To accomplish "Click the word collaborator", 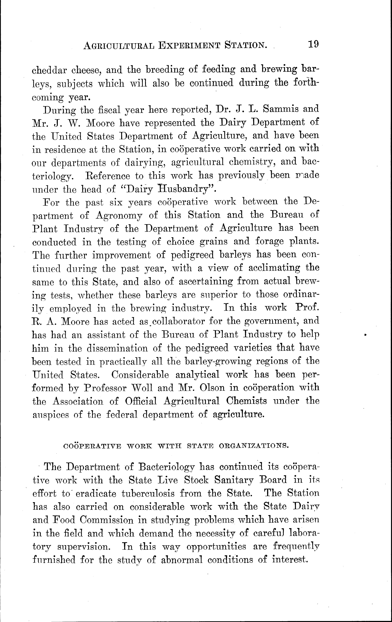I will pyautogui.click(x=176, y=321).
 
